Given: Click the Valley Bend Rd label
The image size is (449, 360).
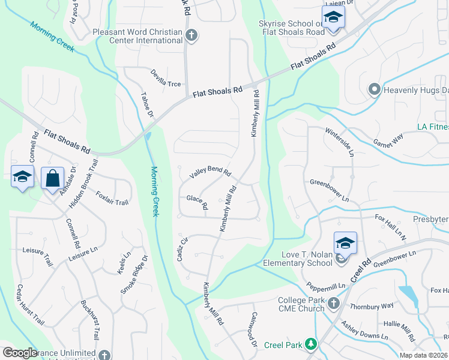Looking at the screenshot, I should point(210,173).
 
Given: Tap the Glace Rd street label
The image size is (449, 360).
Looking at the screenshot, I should point(197,202).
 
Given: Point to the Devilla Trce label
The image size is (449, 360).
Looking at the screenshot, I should point(166,77).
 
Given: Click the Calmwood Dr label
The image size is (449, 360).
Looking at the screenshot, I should point(254,331).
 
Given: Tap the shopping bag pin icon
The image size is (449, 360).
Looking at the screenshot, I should point(53,178).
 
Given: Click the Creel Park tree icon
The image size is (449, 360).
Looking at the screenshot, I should point(310,344).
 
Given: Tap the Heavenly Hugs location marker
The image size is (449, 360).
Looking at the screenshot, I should point(375,90).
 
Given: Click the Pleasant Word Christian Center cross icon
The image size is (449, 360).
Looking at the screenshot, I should point(191,36).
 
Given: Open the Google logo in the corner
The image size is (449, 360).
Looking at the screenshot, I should point(20,353).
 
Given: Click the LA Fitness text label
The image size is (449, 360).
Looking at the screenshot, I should point(433,127).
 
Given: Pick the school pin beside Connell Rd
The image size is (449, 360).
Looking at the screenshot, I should point(22,177).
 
